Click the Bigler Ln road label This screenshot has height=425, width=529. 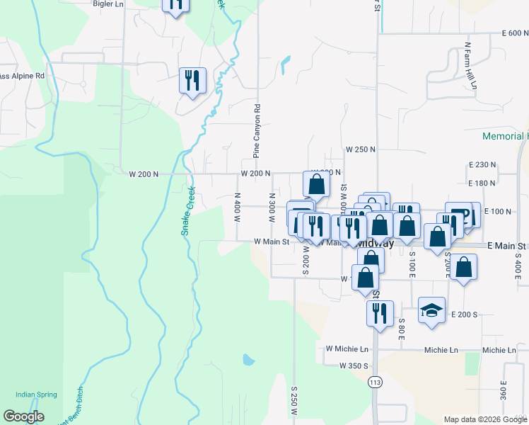click(x=108, y=4)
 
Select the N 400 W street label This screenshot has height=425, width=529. click(x=238, y=205)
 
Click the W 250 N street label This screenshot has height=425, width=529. click(x=360, y=150)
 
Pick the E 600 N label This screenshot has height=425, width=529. click(x=515, y=33)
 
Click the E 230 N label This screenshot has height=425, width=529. click(x=482, y=164)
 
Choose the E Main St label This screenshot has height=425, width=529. click(x=508, y=244)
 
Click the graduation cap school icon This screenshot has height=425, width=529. click(x=431, y=310)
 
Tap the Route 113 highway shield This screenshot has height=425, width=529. click(x=375, y=382)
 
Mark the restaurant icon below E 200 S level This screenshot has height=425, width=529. click(x=380, y=312)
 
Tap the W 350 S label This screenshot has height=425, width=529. click(x=354, y=366)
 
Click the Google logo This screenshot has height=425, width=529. click(x=24, y=416)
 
